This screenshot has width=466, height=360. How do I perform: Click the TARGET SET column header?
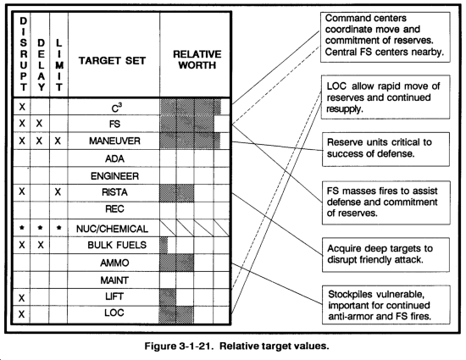point(112,61)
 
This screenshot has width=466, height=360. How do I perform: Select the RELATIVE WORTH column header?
point(197,59)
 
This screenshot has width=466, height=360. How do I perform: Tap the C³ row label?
point(117,108)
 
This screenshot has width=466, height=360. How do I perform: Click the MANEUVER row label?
point(114,141)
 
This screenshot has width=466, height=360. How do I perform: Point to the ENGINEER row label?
point(114,176)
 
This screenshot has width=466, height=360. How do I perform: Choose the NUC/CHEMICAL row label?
point(112,229)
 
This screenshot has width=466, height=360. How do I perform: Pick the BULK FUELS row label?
point(117,245)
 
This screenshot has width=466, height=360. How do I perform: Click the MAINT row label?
point(114,280)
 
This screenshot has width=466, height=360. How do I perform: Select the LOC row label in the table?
point(114,313)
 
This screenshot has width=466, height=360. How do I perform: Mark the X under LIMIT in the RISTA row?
point(58,192)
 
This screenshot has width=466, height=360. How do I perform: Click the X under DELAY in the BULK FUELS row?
point(41,245)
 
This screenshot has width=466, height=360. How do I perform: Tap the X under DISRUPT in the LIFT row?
point(21,298)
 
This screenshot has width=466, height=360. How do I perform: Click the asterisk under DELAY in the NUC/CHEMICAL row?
point(41,228)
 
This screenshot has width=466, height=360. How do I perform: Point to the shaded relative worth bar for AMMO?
point(176,263)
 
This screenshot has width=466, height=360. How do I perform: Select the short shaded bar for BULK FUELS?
point(164,245)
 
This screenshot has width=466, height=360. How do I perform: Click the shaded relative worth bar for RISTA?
point(176,193)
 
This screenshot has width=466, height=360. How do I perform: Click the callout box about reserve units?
point(386,149)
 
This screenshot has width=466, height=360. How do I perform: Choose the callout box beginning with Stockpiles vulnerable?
point(386,305)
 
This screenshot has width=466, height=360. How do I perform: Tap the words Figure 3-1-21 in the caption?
point(179,346)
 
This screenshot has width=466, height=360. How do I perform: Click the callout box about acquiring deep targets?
point(386,255)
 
